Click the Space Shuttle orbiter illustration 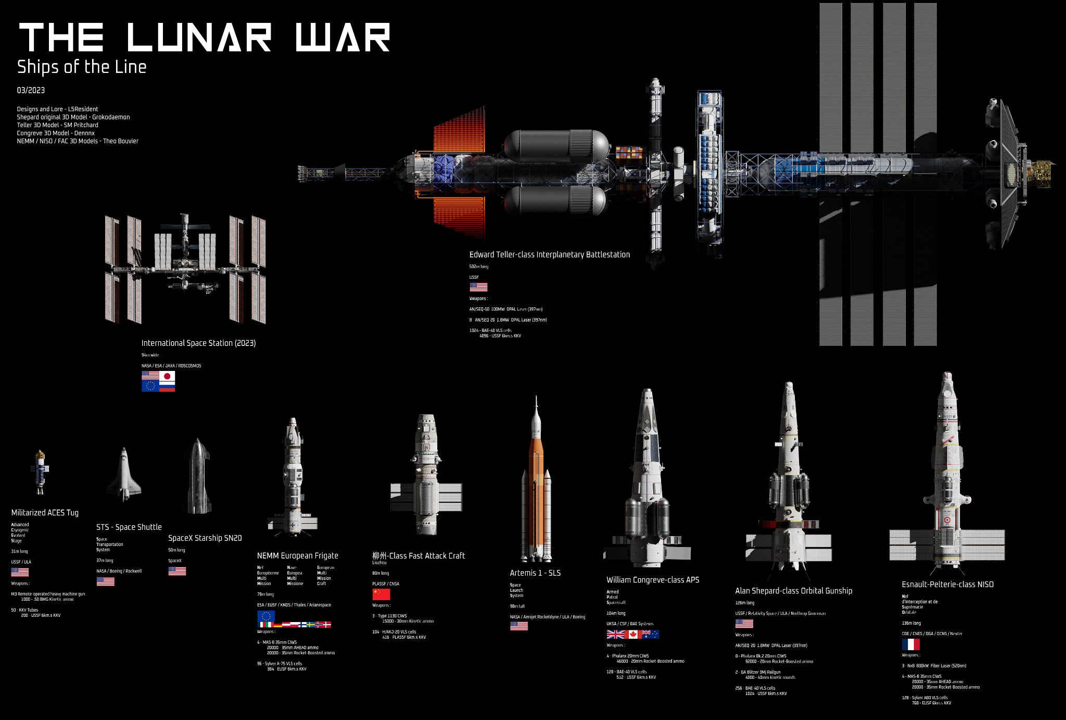point(124,475)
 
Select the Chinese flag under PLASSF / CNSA point(381,594)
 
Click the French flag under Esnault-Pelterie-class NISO point(910,644)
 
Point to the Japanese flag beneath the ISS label point(167,376)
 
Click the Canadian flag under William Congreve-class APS point(633,634)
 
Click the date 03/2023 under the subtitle point(31,90)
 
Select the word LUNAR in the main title point(199,38)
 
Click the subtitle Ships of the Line point(82,67)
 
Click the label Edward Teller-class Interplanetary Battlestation point(549,254)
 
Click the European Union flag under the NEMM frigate point(266,616)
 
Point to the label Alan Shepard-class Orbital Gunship point(793,590)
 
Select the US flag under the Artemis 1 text point(518,626)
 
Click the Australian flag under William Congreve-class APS point(651,634)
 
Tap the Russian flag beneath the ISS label point(167,386)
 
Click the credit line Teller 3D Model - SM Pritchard point(57,125)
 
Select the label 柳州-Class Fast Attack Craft point(418,555)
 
